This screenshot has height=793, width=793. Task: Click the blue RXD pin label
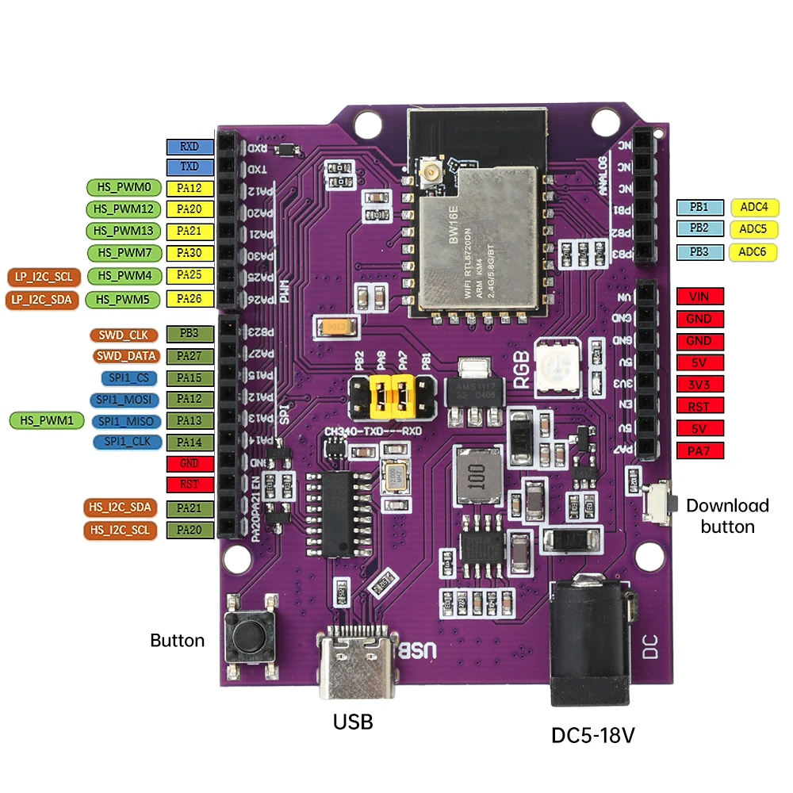coord(190,147)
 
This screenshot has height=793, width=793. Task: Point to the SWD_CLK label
coord(123,335)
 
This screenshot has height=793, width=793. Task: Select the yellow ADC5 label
coord(753,229)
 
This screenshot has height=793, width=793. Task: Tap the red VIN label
coord(699,297)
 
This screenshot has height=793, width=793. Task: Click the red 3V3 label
coord(699,385)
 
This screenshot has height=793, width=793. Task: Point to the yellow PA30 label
coord(190,253)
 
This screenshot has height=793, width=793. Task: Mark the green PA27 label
coord(190,356)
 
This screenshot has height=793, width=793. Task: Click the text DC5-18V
coord(593,736)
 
